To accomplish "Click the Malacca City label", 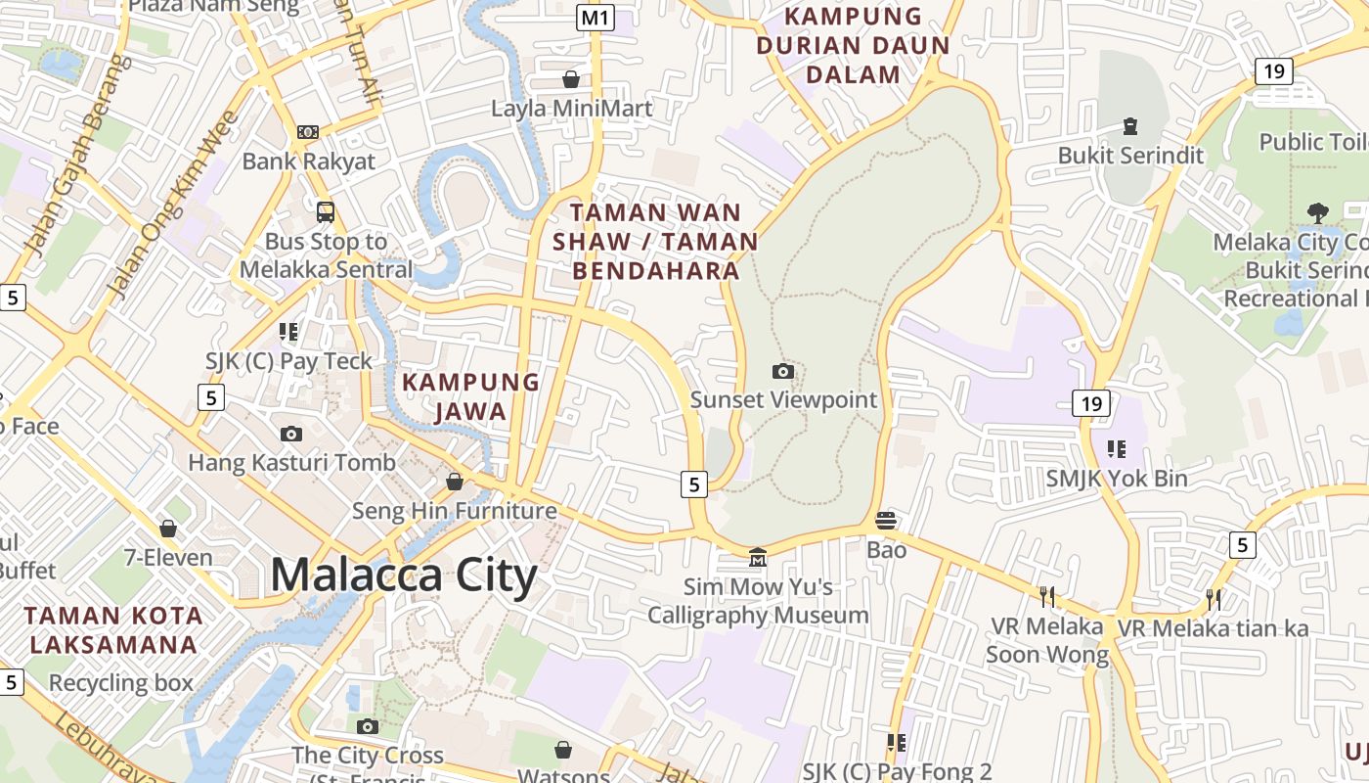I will [403, 575].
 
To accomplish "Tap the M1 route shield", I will [595, 18].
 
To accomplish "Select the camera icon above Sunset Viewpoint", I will [783, 371].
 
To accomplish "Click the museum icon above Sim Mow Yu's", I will [758, 558].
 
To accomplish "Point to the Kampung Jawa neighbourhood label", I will [471, 396].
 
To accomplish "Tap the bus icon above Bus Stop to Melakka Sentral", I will [326, 210].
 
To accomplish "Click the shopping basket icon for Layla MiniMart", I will [571, 78].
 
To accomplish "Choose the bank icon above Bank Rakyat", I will [308, 131].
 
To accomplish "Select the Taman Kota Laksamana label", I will [114, 630].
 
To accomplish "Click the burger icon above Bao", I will [886, 520].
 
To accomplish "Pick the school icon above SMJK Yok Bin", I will [1117, 448].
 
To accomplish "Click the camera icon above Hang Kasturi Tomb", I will [291, 434].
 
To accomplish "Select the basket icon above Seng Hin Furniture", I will [455, 481].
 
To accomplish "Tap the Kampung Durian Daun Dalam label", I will [854, 45].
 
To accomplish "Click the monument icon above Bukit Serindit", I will [1130, 125].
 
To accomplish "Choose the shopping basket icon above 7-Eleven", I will [168, 529].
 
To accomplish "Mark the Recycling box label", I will [121, 682].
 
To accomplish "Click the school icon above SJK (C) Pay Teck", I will [288, 332].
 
